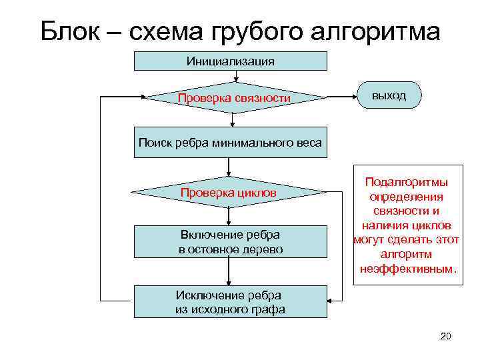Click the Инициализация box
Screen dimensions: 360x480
tap(231, 61)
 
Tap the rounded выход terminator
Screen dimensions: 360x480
tap(390, 95)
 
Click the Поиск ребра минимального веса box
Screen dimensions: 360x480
tap(231, 142)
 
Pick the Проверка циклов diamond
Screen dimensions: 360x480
tap(229, 193)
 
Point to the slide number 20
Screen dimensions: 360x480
tap(445, 336)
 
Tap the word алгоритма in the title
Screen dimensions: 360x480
tap(375, 31)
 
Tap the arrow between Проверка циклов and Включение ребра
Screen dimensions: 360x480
tap(229, 215)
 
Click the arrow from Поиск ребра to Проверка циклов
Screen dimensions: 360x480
tap(229, 168)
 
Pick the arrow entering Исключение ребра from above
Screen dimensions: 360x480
tap(229, 272)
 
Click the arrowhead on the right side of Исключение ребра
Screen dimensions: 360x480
tap(331, 301)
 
